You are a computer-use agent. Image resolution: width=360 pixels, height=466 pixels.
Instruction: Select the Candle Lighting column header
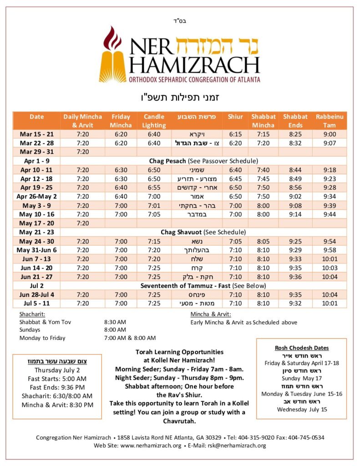pyautogui.click(x=154, y=121)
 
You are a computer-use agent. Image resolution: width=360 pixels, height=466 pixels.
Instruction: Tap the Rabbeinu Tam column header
pyautogui.click(x=330, y=121)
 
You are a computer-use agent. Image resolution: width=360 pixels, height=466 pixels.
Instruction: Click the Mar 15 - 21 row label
pyautogui.click(x=37, y=134)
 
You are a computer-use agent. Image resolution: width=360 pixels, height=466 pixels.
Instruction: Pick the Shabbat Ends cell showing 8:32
pyautogui.click(x=295, y=143)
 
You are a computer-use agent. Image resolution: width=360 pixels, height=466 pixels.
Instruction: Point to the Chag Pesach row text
pyautogui.click(x=203, y=161)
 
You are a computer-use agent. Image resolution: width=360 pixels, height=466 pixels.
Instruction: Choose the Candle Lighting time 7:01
pyautogui.click(x=154, y=205)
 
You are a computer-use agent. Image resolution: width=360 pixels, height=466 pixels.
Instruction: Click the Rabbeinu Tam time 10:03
pyautogui.click(x=330, y=268)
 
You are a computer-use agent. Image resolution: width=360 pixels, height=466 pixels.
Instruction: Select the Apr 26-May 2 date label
pyautogui.click(x=37, y=196)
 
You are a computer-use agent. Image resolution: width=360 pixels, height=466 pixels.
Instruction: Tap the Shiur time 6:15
pyautogui.click(x=235, y=134)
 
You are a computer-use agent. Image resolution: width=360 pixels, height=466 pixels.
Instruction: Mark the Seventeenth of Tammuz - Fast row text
pyautogui.click(x=203, y=285)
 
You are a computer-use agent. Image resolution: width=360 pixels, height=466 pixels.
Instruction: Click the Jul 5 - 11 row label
pyautogui.click(x=37, y=303)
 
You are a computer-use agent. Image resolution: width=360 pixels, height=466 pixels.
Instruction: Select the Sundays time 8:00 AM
pyautogui.click(x=115, y=330)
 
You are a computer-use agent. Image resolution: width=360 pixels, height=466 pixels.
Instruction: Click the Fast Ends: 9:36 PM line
pyautogui.click(x=57, y=387)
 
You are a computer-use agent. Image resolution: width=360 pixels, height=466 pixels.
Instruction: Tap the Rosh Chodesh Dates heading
pyautogui.click(x=301, y=348)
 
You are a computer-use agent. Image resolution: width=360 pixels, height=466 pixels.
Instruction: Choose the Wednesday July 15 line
pyautogui.click(x=301, y=409)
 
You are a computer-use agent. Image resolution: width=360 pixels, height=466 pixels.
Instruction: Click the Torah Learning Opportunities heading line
pyautogui.click(x=179, y=352)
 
